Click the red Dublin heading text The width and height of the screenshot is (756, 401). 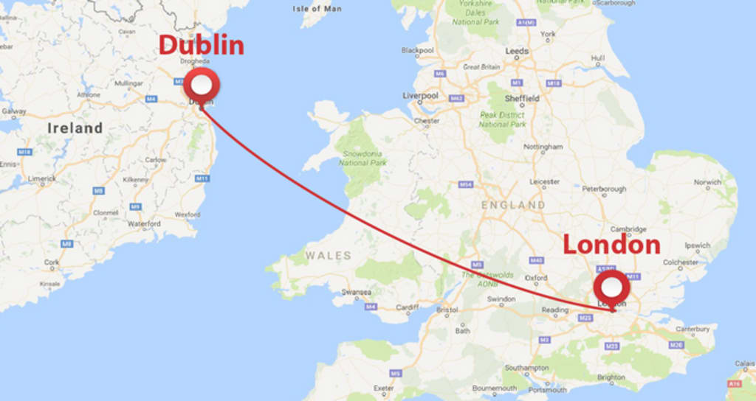point(201,46)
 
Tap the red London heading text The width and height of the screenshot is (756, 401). point(611,245)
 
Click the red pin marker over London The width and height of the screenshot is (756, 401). point(612,285)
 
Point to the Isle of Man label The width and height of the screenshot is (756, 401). point(317,9)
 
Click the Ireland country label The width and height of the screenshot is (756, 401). point(75,128)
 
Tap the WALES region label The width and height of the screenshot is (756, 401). point(329,256)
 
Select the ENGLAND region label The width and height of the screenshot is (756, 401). point(513,205)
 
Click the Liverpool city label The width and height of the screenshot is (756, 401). point(420,96)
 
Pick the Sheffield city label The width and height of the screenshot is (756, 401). point(522,98)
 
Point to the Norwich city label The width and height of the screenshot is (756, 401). point(707,182)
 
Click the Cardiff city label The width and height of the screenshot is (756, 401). point(407,307)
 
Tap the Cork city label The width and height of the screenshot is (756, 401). point(52,262)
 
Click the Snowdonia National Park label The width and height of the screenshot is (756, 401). point(364,158)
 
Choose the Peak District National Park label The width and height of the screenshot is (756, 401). point(502,120)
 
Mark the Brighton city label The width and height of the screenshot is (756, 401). point(611,377)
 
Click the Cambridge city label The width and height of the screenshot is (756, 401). point(628,229)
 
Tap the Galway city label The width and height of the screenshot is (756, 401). point(13,111)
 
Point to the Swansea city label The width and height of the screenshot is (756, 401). point(356,292)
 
